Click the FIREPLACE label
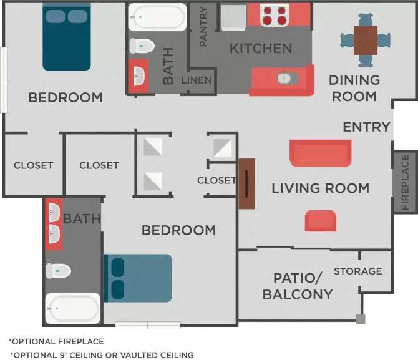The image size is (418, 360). point(406,182)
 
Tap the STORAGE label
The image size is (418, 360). point(357,271)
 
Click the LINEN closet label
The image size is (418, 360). point(197,80)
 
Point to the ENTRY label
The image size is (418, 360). point(366,127)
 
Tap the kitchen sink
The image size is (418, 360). point(283,79)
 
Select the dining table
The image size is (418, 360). point(365,41)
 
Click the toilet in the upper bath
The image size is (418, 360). point(142,46)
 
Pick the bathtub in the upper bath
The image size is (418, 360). point(157,17)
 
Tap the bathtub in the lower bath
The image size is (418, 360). point(73,308)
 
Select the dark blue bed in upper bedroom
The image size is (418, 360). point(67,37)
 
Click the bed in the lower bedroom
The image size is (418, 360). point(138,278)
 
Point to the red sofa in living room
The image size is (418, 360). point(320,153)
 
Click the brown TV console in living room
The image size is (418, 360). point(247,183)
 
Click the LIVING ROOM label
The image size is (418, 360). point(320,188)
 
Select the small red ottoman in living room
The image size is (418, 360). point(320,220)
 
